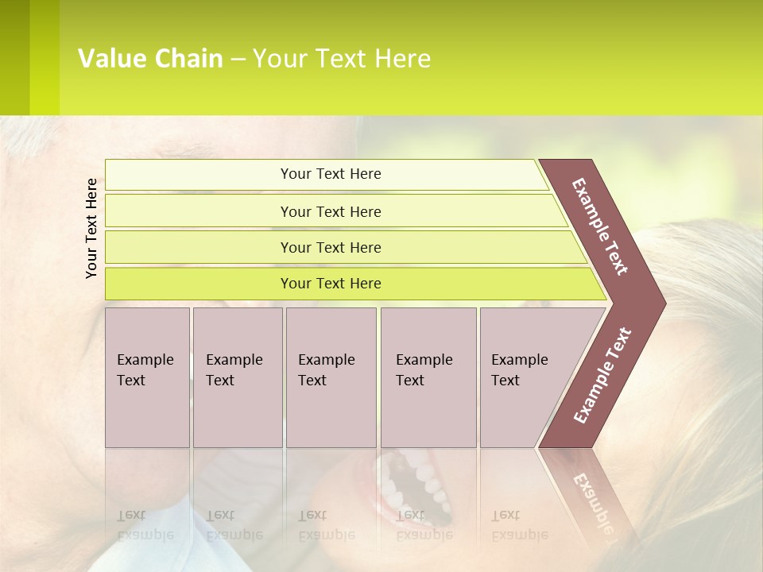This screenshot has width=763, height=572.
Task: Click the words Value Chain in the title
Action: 150,59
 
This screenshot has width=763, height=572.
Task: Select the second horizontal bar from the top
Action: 331,211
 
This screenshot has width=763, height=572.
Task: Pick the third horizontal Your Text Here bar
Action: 331,247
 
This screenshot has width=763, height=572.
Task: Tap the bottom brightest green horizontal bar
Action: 331,284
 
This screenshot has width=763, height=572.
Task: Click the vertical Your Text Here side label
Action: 92,228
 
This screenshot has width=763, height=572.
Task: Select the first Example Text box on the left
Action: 147,377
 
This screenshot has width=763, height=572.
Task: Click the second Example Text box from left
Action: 237,377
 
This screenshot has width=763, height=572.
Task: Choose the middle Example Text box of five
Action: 331,377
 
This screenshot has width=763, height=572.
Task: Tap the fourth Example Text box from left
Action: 428,377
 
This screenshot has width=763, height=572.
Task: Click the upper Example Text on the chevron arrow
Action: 600,226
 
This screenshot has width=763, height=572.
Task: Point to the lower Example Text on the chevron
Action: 602,376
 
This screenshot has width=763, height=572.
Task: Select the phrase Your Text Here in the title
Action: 342,59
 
